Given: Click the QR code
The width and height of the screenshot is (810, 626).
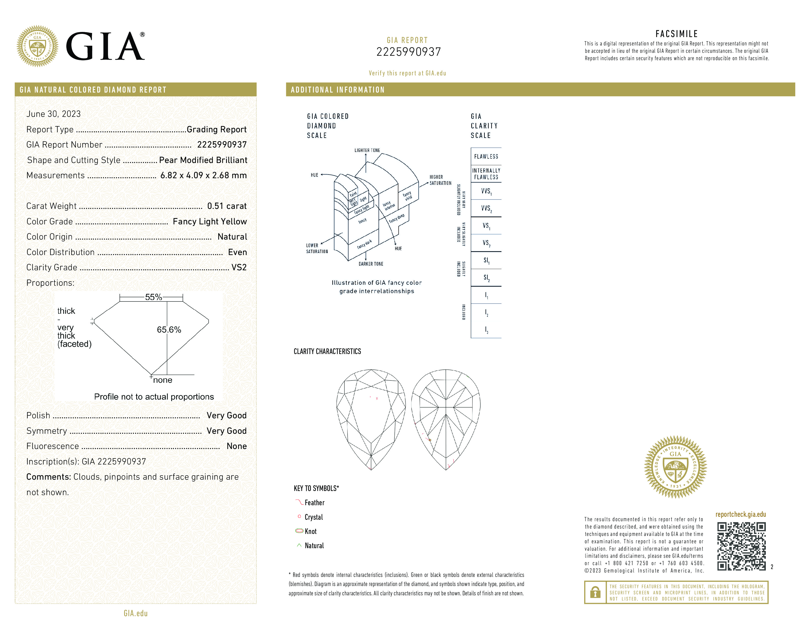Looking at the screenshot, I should tap(741, 546).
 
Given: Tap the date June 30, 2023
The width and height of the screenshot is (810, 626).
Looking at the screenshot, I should tap(54, 114).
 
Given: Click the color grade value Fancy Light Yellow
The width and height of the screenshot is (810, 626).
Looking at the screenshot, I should tap(210, 221).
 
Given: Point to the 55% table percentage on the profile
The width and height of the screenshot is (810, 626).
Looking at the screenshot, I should tap(153, 297).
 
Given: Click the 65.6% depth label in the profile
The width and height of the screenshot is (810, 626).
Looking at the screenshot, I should tap(169, 330).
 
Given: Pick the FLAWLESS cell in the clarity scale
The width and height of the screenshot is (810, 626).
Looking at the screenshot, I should tap(486, 157).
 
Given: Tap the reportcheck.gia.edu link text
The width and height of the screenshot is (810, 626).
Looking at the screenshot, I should tap(740, 514).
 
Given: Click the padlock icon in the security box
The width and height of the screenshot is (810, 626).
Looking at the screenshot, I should tap(595, 592).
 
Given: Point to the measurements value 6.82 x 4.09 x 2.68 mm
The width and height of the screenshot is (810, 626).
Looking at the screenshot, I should tap(203, 176).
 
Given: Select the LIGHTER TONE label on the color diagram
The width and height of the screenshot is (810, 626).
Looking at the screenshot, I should tap(367, 150).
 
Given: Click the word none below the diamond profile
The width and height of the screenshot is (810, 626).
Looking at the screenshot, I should tap(162, 380).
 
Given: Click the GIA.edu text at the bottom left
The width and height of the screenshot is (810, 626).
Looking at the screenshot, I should tap(135, 613).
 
